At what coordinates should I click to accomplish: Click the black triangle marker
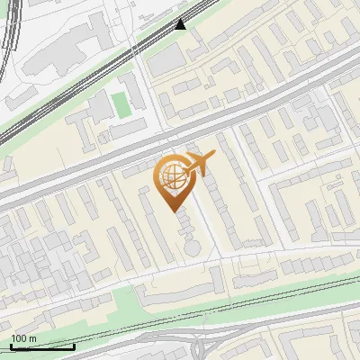[181, 24]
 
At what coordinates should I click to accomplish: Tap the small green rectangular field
[121, 103]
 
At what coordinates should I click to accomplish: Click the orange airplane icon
[200, 163]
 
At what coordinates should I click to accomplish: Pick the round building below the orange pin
[191, 245]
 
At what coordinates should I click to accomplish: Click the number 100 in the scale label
[19, 338]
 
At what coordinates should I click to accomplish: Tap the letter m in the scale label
[32, 338]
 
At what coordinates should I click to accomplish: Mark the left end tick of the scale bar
[11, 346]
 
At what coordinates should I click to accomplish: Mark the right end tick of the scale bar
[74, 346]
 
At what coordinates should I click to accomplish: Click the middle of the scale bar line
[42, 347]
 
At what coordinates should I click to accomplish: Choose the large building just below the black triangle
[166, 59]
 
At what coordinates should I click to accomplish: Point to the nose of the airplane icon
[214, 156]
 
